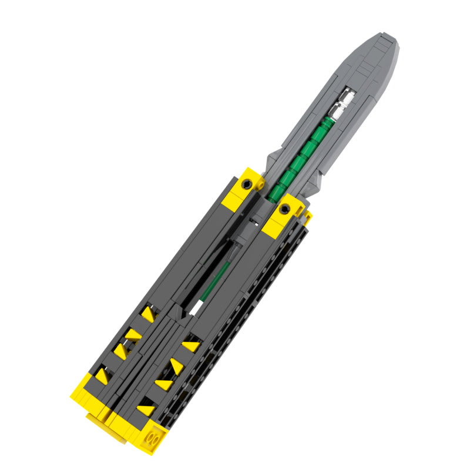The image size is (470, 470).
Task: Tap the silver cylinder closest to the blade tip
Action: click(x=347, y=95)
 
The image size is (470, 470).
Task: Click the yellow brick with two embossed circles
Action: click(x=155, y=439)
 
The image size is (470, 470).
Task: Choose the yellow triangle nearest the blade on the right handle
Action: click(x=191, y=346)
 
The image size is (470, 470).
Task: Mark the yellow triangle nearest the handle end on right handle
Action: click(x=145, y=408)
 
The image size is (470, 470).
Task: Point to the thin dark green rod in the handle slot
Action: click(x=214, y=279)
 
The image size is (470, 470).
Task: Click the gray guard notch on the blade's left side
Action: click(x=272, y=157)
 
